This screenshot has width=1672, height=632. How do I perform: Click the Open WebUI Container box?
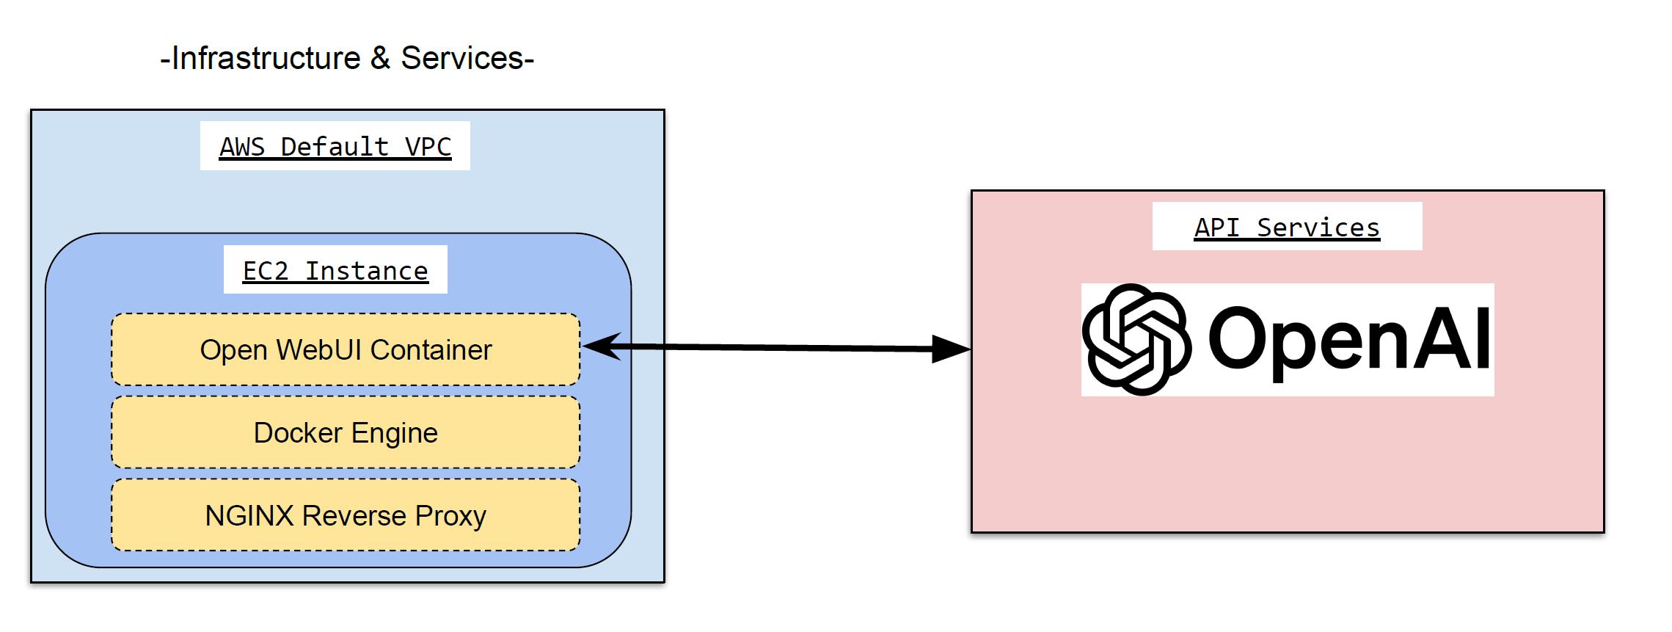click(345, 349)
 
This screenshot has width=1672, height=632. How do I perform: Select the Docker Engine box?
click(345, 432)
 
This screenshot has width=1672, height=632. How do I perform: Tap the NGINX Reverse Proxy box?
click(345, 515)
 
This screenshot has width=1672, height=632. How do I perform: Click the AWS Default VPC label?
click(335, 147)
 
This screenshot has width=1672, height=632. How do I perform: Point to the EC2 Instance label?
click(335, 270)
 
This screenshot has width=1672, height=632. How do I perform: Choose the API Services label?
click(1287, 227)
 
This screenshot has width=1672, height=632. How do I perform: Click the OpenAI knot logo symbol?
click(1136, 339)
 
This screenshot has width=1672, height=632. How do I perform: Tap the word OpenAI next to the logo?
click(1348, 340)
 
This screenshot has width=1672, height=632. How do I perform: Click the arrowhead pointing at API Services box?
click(951, 349)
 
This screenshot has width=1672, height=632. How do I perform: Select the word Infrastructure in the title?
click(266, 58)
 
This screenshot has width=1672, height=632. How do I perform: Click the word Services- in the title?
click(467, 58)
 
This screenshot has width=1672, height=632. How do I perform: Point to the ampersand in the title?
click(380, 58)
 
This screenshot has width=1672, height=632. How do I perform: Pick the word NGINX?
click(249, 515)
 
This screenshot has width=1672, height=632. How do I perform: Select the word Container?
click(431, 349)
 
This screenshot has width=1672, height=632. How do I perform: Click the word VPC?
click(428, 147)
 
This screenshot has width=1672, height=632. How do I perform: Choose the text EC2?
click(266, 270)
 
